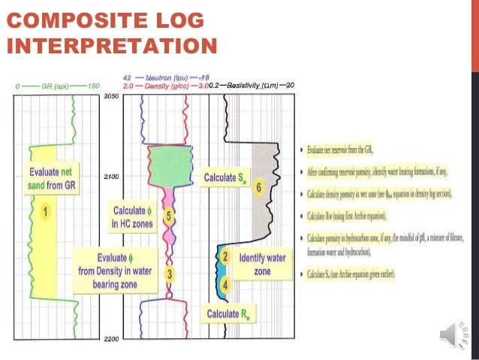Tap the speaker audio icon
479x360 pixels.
point(454,333)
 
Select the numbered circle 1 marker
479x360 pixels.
point(45,212)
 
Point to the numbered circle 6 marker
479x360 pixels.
point(258,188)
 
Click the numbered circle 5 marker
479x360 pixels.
point(169,216)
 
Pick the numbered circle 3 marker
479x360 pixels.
point(170,274)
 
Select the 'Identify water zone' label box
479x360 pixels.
point(262,264)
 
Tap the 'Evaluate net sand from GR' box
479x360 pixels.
point(53,177)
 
